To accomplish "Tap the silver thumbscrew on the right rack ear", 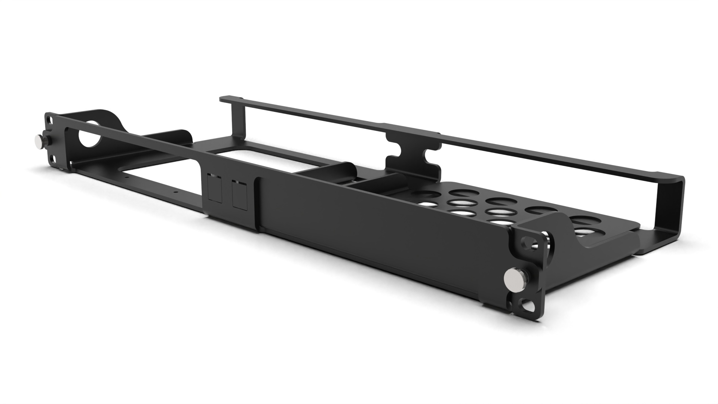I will click(511, 278).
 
